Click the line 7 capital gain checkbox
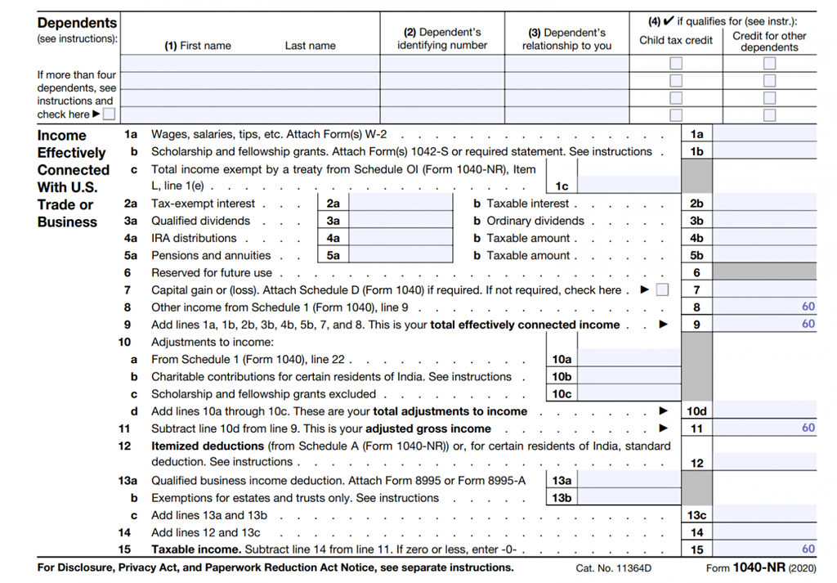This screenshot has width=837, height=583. [x=662, y=289]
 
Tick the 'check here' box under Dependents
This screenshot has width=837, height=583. [x=110, y=114]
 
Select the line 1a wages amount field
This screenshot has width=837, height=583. [x=765, y=134]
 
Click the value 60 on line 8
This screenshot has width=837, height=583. [x=808, y=307]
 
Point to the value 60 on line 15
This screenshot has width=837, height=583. [x=808, y=549]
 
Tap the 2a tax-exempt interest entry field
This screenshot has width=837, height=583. [x=401, y=204]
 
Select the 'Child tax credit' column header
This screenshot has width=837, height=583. [x=676, y=40]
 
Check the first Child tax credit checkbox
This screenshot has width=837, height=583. [x=676, y=63]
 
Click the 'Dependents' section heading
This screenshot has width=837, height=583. [x=78, y=23]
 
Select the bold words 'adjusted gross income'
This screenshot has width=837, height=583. [x=428, y=428]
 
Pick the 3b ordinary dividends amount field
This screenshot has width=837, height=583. [x=765, y=221]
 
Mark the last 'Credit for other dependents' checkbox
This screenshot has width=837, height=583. [x=769, y=114]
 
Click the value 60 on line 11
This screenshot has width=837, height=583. [x=808, y=428]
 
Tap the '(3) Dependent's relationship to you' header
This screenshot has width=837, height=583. [x=566, y=39]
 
